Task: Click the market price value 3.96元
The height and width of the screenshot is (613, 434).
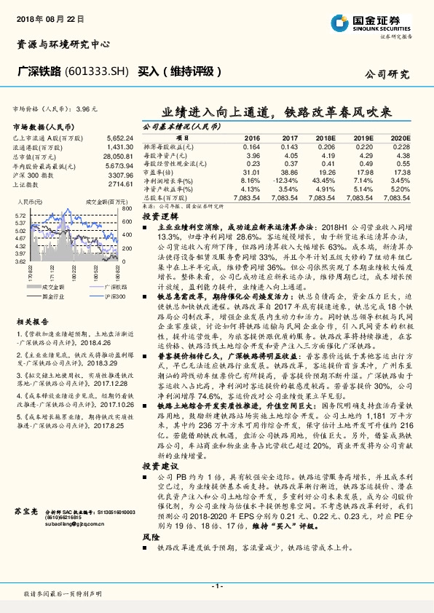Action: coord(85,108)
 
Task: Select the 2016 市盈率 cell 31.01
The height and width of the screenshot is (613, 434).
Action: coord(251,172)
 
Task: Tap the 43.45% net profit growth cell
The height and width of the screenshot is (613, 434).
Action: coord(323,180)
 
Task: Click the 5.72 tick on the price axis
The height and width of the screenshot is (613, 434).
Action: coord(20,216)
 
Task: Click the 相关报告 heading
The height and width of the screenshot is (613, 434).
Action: coord(32,321)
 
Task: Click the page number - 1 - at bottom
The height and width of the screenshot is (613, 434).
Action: coord(216,586)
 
